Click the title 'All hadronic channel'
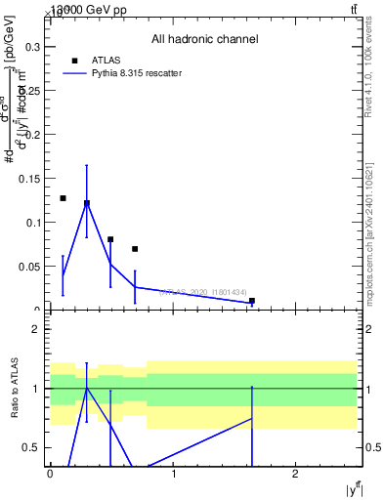204,40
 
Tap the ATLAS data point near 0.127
63,198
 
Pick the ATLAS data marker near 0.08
110,239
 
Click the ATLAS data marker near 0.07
135,249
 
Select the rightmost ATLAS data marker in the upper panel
252,301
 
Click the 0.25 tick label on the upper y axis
30,90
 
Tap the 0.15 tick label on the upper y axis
30,178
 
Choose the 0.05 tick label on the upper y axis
30,266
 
